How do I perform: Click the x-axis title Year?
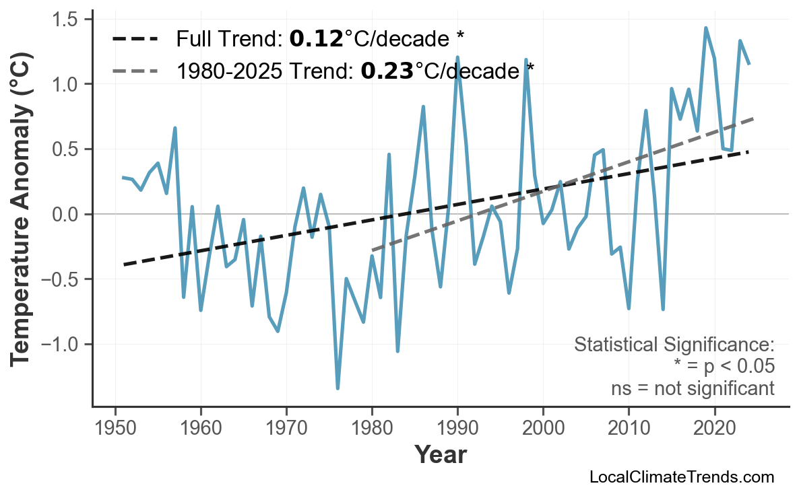(x=440, y=455)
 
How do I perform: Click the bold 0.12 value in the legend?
(x=316, y=38)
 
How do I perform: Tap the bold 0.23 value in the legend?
(x=387, y=70)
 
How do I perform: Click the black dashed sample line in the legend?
(x=135, y=39)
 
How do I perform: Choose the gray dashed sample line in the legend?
(x=135, y=70)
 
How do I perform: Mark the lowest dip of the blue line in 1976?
(x=338, y=388)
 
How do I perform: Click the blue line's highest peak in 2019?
(x=705, y=28)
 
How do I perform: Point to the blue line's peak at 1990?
(x=457, y=57)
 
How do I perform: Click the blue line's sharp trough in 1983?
(x=397, y=351)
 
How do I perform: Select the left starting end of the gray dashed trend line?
(x=373, y=250)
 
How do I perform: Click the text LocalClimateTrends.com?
(x=682, y=478)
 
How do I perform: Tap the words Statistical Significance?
(x=674, y=345)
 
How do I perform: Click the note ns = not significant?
(x=693, y=388)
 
